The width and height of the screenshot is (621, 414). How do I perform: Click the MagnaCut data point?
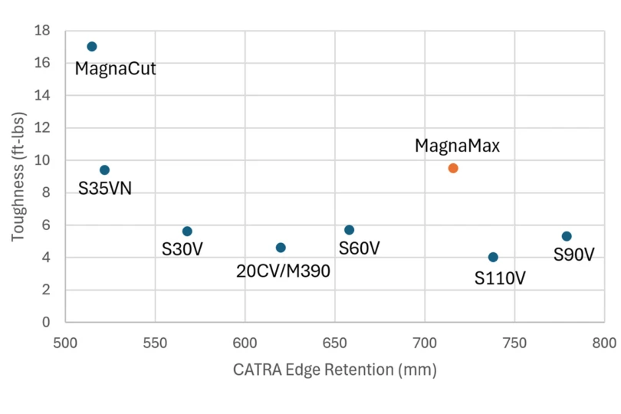tap(92, 47)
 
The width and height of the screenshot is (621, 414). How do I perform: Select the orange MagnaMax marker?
tap(453, 168)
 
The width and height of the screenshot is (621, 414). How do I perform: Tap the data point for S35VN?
tap(104, 170)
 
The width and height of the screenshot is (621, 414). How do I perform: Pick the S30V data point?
tap(187, 232)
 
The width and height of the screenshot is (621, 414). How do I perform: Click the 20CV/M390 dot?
tap(281, 248)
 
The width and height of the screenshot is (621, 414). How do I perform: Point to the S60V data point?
tap(350, 230)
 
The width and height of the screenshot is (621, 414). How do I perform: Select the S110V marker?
tap(493, 258)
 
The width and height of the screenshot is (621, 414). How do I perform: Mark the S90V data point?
tap(567, 236)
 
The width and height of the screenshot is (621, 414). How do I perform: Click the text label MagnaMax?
tap(457, 146)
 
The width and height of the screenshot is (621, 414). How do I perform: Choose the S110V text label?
tap(500, 278)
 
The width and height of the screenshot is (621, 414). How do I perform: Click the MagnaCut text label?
tap(115, 70)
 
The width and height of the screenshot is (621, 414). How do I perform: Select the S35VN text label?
tap(105, 189)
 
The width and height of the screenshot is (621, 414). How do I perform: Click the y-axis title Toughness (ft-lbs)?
tap(18, 176)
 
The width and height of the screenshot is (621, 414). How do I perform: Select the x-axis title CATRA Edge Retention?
tap(334, 370)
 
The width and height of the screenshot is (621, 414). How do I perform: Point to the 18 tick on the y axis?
tap(43, 31)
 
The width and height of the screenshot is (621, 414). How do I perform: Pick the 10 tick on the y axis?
tap(43, 161)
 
